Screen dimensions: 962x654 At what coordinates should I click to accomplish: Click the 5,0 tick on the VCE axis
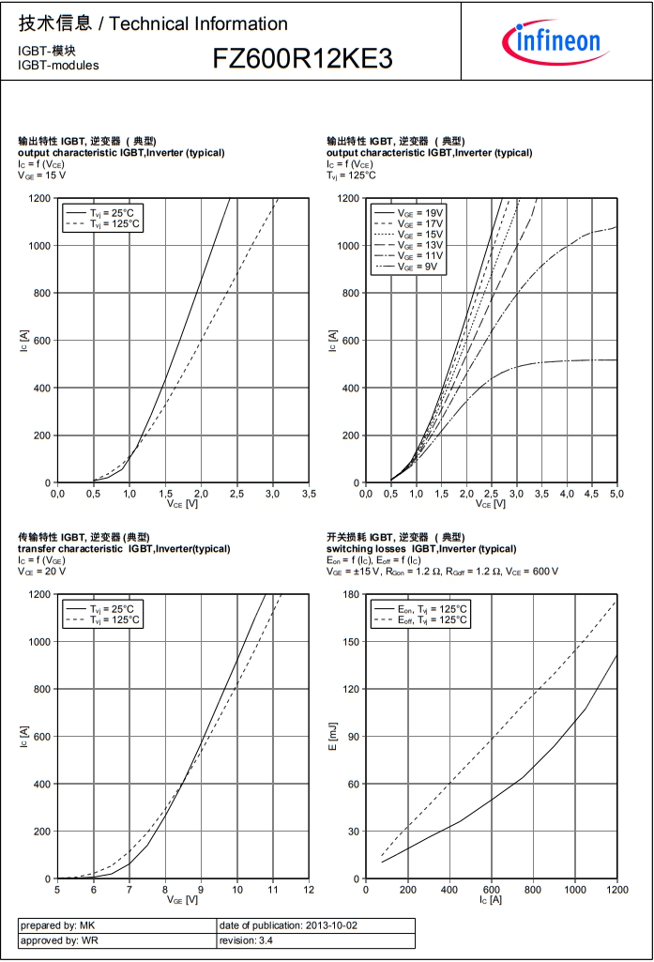(x=616, y=493)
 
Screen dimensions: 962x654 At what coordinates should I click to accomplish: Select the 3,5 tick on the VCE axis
(x=309, y=493)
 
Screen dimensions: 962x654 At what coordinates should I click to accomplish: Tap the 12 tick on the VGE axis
(x=309, y=889)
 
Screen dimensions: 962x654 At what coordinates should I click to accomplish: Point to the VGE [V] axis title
(x=183, y=899)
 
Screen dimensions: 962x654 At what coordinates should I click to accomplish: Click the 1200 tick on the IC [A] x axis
(x=616, y=889)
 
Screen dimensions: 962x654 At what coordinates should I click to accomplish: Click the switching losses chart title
(x=421, y=548)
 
